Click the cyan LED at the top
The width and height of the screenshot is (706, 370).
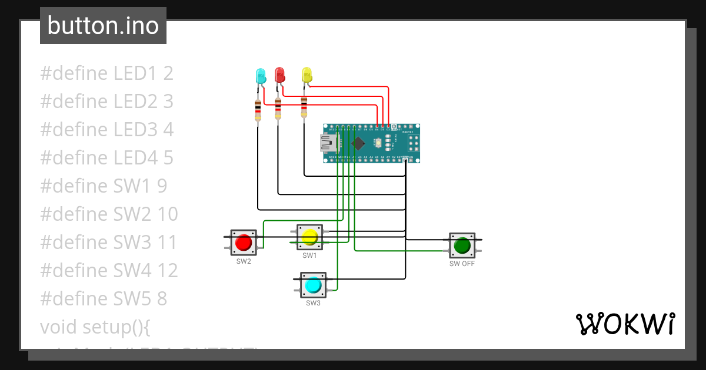click(261, 76)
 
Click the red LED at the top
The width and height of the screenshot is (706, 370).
click(279, 75)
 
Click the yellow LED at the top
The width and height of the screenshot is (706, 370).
click(307, 75)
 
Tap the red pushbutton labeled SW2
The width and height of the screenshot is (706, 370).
click(244, 243)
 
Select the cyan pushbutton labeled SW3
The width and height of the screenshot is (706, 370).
click(312, 285)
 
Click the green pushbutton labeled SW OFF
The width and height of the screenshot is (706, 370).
click(462, 245)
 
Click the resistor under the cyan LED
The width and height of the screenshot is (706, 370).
click(258, 110)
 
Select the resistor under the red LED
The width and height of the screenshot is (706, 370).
click(278, 109)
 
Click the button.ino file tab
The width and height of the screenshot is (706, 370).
click(103, 26)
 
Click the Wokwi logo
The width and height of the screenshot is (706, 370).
click(625, 324)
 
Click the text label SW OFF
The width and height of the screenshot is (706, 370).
click(462, 264)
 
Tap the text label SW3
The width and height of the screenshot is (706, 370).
click(312, 303)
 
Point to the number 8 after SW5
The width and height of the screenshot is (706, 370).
click(162, 298)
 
